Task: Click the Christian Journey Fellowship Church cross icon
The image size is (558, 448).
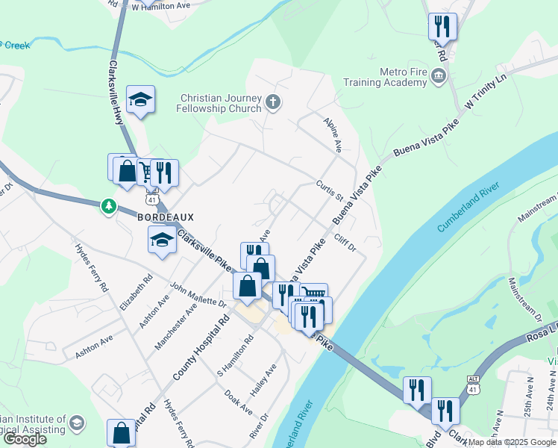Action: tap(274, 102)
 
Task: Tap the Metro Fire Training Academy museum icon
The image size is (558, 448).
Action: tap(438, 75)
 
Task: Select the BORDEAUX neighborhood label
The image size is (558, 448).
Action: tap(166, 217)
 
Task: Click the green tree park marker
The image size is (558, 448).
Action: tap(110, 205)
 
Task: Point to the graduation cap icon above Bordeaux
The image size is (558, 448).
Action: tap(139, 99)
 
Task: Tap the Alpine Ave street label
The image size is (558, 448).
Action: tap(332, 132)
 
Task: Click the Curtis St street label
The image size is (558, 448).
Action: tap(329, 190)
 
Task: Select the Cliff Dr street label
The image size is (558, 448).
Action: tap(345, 242)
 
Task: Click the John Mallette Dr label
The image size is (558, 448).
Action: tap(198, 294)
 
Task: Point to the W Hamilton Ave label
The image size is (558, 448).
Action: tap(160, 5)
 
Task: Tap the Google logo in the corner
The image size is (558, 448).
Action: tap(25, 439)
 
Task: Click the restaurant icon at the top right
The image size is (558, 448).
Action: tap(442, 27)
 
